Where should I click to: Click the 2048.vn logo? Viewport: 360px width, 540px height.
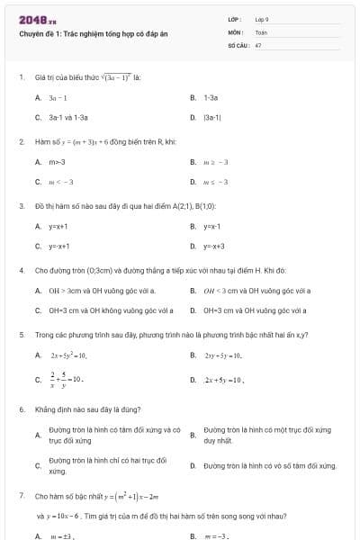pyautogui.click(x=38, y=20)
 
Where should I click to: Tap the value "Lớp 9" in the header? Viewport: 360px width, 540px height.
pyautogui.click(x=262, y=19)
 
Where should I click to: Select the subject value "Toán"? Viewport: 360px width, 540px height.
pyautogui.click(x=261, y=31)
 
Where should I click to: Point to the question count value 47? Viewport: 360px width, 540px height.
pyautogui.click(x=258, y=44)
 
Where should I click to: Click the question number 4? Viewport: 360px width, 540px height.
pyautogui.click(x=21, y=269)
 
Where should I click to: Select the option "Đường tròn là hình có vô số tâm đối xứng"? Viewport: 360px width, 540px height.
pyautogui.click(x=270, y=466)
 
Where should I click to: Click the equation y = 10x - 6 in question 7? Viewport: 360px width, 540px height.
pyautogui.click(x=62, y=517)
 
